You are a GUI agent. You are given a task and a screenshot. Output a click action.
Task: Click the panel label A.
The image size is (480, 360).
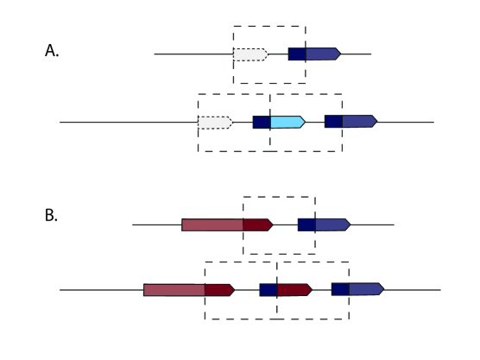point(51,50)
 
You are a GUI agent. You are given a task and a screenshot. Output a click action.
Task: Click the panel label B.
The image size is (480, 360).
point(51,215)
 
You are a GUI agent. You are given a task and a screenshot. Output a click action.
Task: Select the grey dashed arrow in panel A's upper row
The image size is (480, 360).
point(250,54)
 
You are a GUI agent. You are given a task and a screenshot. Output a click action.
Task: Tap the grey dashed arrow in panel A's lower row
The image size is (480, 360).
point(215,122)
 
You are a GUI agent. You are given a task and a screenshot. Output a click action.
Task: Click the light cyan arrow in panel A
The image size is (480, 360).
point(287,122)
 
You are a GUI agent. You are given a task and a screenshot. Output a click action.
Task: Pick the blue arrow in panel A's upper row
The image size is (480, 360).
point(323,54)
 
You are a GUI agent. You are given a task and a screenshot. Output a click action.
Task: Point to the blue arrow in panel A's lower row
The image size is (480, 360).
point(359,122)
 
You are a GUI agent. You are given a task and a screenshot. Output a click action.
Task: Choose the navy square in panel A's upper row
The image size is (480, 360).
point(297,54)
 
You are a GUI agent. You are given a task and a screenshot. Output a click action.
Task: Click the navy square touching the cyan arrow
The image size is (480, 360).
point(262,122)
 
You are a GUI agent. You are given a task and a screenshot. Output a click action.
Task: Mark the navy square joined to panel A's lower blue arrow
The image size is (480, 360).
point(333,122)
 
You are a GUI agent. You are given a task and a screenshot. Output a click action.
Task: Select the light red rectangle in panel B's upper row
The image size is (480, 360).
point(212,225)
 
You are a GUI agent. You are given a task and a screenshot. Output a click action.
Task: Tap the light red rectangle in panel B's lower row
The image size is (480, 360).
point(174,289)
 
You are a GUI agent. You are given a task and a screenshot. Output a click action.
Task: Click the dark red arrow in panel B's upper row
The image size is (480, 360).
point(257,225)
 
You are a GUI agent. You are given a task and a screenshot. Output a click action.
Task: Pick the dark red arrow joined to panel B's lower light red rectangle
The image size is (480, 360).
point(219,289)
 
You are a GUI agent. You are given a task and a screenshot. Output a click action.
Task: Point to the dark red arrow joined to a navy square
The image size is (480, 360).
point(294,289)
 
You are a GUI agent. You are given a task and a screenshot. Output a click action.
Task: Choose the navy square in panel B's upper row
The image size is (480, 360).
point(306,225)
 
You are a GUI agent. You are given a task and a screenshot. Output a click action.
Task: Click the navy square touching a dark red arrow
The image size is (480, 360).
point(268,289)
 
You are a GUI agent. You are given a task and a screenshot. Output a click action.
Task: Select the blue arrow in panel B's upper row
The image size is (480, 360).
point(332,225)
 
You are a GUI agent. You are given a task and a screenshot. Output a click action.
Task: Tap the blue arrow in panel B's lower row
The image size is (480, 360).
point(366,289)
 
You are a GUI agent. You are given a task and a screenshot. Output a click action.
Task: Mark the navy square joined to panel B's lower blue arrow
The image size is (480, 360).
point(340,289)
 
